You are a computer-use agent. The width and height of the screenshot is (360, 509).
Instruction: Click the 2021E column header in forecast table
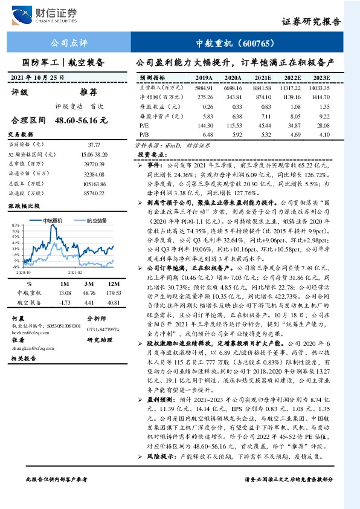[263, 79]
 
